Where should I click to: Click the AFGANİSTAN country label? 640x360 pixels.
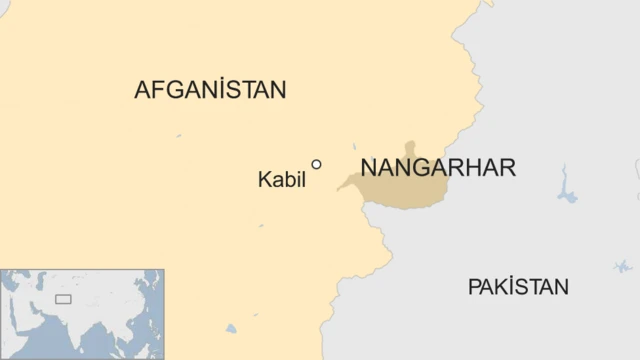pyautogui.click(x=210, y=90)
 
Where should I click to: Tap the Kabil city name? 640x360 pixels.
pyautogui.click(x=281, y=181)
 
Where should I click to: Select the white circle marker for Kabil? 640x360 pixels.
pyautogui.click(x=317, y=165)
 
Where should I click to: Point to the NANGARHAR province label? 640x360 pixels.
pyautogui.click(x=438, y=168)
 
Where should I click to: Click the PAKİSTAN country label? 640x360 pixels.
pyautogui.click(x=518, y=288)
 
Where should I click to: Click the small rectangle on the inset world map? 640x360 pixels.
pyautogui.click(x=63, y=299)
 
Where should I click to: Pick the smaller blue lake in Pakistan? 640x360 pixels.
pyautogui.click(x=622, y=266)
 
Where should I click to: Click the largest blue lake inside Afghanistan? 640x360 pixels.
pyautogui.click(x=232, y=328)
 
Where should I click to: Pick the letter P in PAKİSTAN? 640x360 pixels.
pyautogui.click(x=473, y=288)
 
